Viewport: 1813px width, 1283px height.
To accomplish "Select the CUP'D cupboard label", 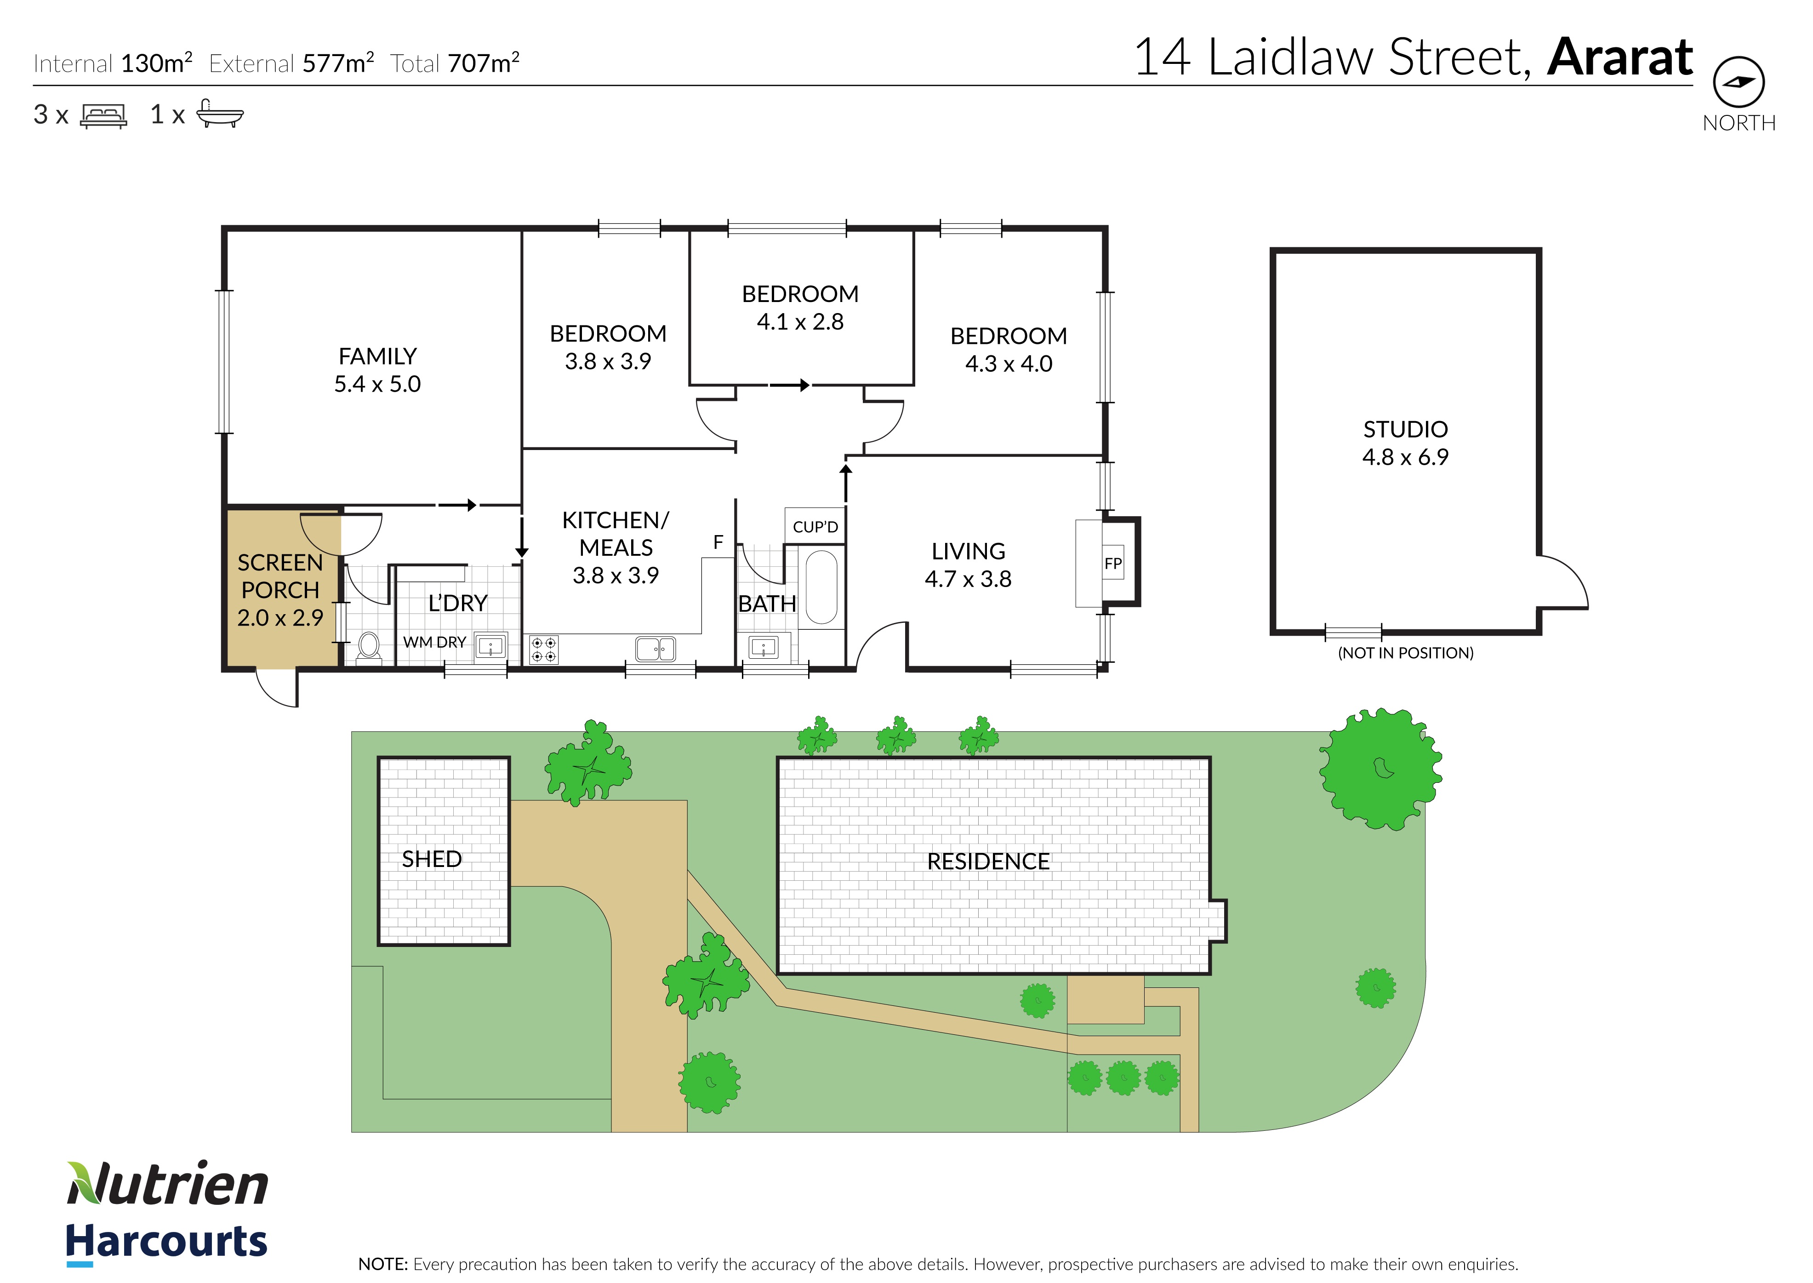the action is (x=815, y=527).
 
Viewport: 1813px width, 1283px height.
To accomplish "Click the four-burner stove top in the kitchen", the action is (x=543, y=650).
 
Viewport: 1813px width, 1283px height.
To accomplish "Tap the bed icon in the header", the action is (x=103, y=115).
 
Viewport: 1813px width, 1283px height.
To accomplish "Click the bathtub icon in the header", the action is (x=220, y=114).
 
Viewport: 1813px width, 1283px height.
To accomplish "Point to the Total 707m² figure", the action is (x=455, y=63).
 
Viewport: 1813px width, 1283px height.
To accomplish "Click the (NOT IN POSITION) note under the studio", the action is (x=1405, y=653).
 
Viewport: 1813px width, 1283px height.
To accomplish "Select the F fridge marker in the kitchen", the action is (x=718, y=542).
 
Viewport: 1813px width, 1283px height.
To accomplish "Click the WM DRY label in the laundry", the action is (x=434, y=642).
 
